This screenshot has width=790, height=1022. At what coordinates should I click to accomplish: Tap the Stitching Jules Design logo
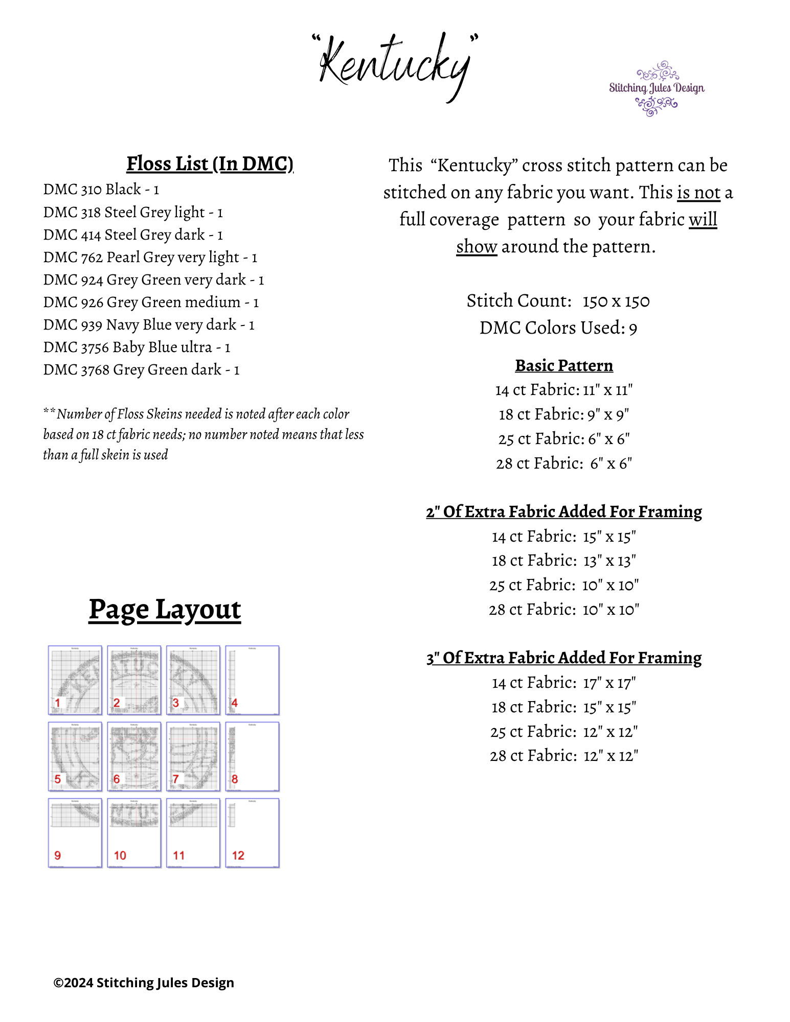pyautogui.click(x=656, y=88)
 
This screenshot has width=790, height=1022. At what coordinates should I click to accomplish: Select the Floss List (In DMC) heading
pyautogui.click(x=210, y=164)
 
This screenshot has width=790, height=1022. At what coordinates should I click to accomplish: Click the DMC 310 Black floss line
pyautogui.click(x=101, y=190)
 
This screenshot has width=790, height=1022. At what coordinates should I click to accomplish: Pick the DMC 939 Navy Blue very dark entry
pyautogui.click(x=149, y=324)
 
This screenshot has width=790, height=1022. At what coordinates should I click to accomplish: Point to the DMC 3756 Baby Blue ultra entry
pyautogui.click(x=137, y=347)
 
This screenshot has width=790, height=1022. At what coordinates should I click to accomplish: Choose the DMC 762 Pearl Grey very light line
pyautogui.click(x=150, y=257)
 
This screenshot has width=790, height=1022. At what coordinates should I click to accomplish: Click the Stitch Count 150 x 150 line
pyautogui.click(x=558, y=301)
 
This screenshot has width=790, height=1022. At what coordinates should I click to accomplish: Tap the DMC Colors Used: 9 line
pyautogui.click(x=558, y=328)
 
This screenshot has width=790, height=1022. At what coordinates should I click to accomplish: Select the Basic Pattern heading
pyautogui.click(x=563, y=365)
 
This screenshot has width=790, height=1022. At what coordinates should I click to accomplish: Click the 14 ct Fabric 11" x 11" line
pyautogui.click(x=563, y=390)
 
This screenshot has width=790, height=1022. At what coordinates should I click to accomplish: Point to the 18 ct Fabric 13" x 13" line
pyautogui.click(x=563, y=561)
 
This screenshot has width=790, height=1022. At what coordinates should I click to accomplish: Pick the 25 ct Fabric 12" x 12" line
pyautogui.click(x=563, y=732)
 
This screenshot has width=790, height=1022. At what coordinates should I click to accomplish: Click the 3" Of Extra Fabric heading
pyautogui.click(x=563, y=658)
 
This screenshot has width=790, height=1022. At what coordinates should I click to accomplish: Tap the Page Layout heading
pyautogui.click(x=165, y=610)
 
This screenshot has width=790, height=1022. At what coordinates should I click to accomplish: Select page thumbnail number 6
pyautogui.click(x=134, y=756)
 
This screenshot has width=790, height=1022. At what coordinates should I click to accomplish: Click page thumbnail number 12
pyautogui.click(x=253, y=833)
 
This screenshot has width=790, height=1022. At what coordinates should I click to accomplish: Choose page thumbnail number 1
pyautogui.click(x=75, y=680)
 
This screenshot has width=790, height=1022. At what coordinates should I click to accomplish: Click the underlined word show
pyautogui.click(x=476, y=247)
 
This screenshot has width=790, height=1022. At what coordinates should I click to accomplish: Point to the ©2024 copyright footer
pyautogui.click(x=144, y=983)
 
